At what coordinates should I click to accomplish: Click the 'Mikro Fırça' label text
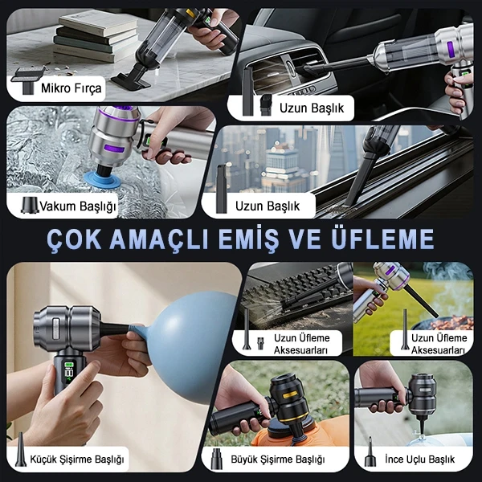tap(71, 88)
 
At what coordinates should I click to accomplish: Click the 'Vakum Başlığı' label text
tap(78, 206)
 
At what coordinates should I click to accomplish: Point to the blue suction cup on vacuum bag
tap(103, 180)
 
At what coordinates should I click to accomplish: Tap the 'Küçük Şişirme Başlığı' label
tap(77, 460)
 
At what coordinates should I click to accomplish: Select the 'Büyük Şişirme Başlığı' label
tap(278, 460)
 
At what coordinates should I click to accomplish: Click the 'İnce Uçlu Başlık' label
tap(419, 460)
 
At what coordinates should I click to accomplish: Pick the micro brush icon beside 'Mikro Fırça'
tap(27, 80)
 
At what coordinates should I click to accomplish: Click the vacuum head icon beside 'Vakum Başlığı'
tap(30, 205)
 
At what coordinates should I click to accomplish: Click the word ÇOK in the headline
tap(74, 239)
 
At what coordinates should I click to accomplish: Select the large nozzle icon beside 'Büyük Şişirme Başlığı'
tap(216, 459)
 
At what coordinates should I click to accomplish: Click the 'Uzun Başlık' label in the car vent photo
tap(312, 108)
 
